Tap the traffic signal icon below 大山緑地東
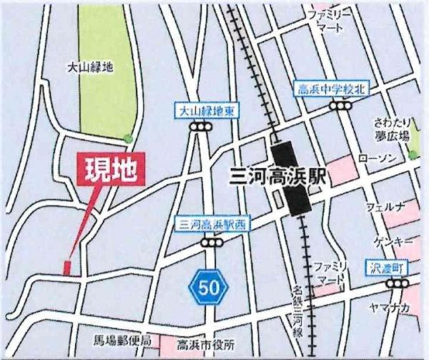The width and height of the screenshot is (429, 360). click(x=202, y=127)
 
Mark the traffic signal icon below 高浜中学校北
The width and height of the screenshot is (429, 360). click(x=340, y=105)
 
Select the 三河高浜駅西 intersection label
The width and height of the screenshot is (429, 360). click(x=211, y=225)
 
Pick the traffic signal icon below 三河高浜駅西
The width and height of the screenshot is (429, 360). click(x=211, y=243)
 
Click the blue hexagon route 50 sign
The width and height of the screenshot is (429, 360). click(x=208, y=288)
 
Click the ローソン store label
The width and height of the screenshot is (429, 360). click(x=373, y=157)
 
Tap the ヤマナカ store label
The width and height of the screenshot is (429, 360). click(x=390, y=308)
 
